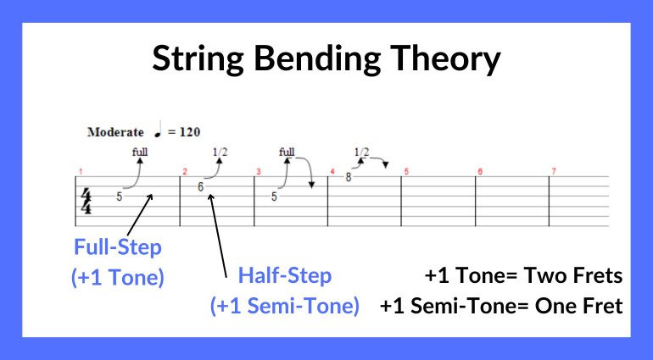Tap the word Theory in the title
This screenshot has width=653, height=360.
tap(449, 58)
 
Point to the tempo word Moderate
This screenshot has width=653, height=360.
tap(114, 132)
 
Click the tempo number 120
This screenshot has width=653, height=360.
tap(189, 132)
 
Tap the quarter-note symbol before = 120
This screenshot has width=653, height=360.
tap(159, 130)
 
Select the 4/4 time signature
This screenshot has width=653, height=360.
tap(86, 202)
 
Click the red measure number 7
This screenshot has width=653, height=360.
tap(554, 171)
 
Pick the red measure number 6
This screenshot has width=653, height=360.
tap(479, 171)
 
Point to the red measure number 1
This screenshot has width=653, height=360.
tap(80, 171)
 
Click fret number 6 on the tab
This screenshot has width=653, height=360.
tap(200, 186)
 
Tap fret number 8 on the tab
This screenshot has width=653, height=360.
tap(348, 177)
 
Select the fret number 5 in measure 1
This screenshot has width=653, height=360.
tap(120, 197)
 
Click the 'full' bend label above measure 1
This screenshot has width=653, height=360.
tap(140, 152)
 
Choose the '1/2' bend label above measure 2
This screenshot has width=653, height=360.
tap(220, 152)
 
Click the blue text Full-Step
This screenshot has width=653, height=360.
tap(117, 251)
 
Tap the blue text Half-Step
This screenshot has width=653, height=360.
tap(284, 276)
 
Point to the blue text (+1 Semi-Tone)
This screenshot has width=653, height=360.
tap(284, 306)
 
